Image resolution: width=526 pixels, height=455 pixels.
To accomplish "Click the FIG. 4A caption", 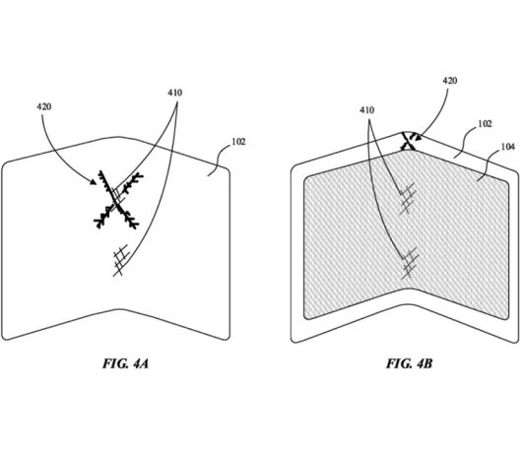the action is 125,363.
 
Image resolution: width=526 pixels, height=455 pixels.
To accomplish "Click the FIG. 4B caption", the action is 409,363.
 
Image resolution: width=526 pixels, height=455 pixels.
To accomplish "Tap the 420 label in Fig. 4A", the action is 44,107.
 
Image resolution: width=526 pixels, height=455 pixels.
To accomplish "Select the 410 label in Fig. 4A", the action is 175,93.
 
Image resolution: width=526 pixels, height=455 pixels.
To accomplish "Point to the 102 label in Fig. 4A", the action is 238,142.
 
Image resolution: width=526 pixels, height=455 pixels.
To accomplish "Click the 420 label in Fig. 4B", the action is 449,81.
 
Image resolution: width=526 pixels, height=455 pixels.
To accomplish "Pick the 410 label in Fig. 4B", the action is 367,110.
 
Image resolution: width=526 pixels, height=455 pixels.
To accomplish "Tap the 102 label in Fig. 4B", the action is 485,124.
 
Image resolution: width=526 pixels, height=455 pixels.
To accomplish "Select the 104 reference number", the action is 508,147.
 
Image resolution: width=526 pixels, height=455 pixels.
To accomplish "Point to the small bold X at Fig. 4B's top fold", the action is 409,141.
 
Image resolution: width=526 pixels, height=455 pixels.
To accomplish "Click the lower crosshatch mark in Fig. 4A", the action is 121,260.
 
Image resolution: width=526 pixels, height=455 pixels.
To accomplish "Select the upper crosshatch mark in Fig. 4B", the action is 408,199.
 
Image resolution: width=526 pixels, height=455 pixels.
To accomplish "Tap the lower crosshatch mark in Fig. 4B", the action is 410,263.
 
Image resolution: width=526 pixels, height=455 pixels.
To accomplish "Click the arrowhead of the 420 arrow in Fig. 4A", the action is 93,182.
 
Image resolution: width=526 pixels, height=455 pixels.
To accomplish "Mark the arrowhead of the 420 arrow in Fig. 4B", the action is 418,137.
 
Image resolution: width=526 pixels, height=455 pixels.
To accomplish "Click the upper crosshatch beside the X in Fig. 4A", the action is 118,194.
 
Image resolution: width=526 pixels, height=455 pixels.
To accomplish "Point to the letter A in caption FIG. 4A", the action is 144,363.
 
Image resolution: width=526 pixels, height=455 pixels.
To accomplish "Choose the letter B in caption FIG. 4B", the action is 427,363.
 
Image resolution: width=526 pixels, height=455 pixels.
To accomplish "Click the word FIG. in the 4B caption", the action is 398,363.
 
